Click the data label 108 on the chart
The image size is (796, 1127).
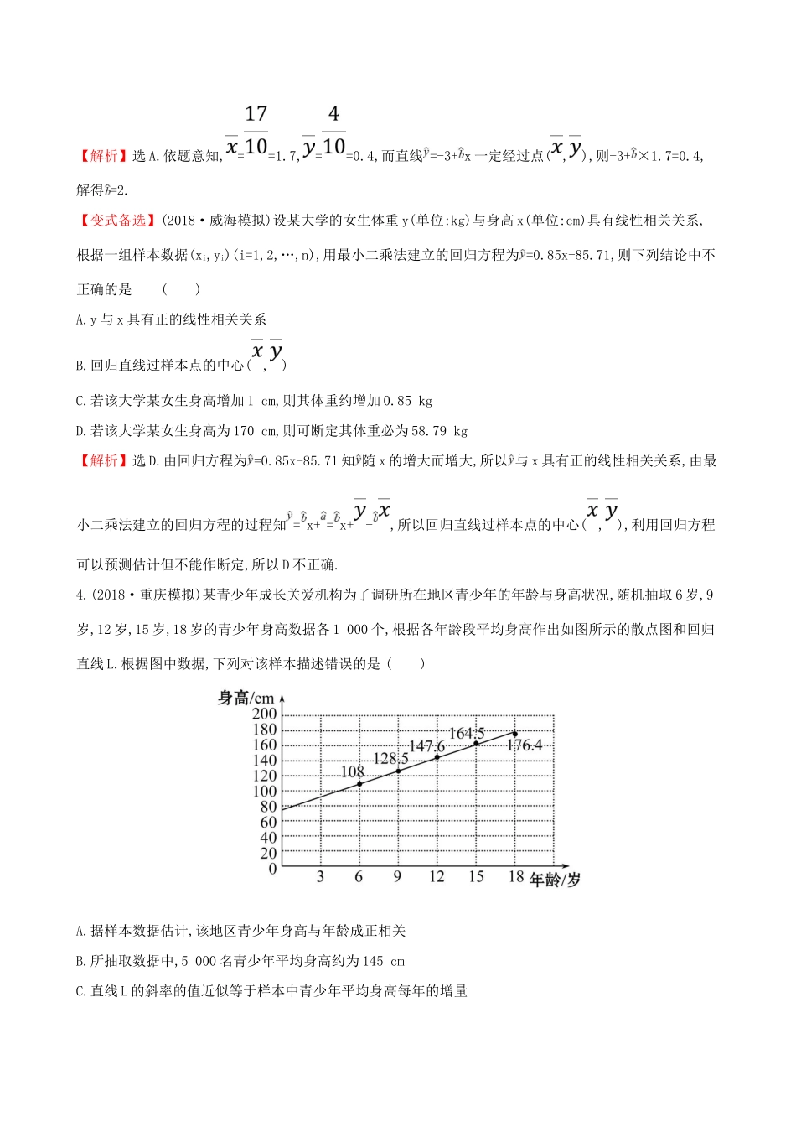[x=353, y=771]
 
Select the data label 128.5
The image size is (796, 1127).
[x=390, y=759]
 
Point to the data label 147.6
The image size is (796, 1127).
[x=426, y=746]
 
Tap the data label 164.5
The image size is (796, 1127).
[x=467, y=734]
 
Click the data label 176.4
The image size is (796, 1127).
[x=525, y=745]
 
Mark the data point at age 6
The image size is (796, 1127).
[x=359, y=784]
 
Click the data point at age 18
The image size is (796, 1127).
[x=514, y=734]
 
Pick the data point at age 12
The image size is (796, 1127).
[x=437, y=757]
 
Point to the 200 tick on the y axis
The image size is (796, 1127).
[x=264, y=714]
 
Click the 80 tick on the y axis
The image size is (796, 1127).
[x=268, y=807]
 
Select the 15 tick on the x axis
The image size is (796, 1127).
[x=476, y=877]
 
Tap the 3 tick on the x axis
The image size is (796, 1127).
[x=320, y=877]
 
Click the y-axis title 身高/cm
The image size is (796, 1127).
[x=246, y=698]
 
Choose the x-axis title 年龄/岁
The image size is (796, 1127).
[x=556, y=880]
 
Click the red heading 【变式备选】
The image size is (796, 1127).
[x=118, y=221]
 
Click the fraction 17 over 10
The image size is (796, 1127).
[x=256, y=131]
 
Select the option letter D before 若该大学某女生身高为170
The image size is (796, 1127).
[x=80, y=431]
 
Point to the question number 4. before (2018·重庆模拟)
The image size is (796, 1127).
[x=80, y=595]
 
